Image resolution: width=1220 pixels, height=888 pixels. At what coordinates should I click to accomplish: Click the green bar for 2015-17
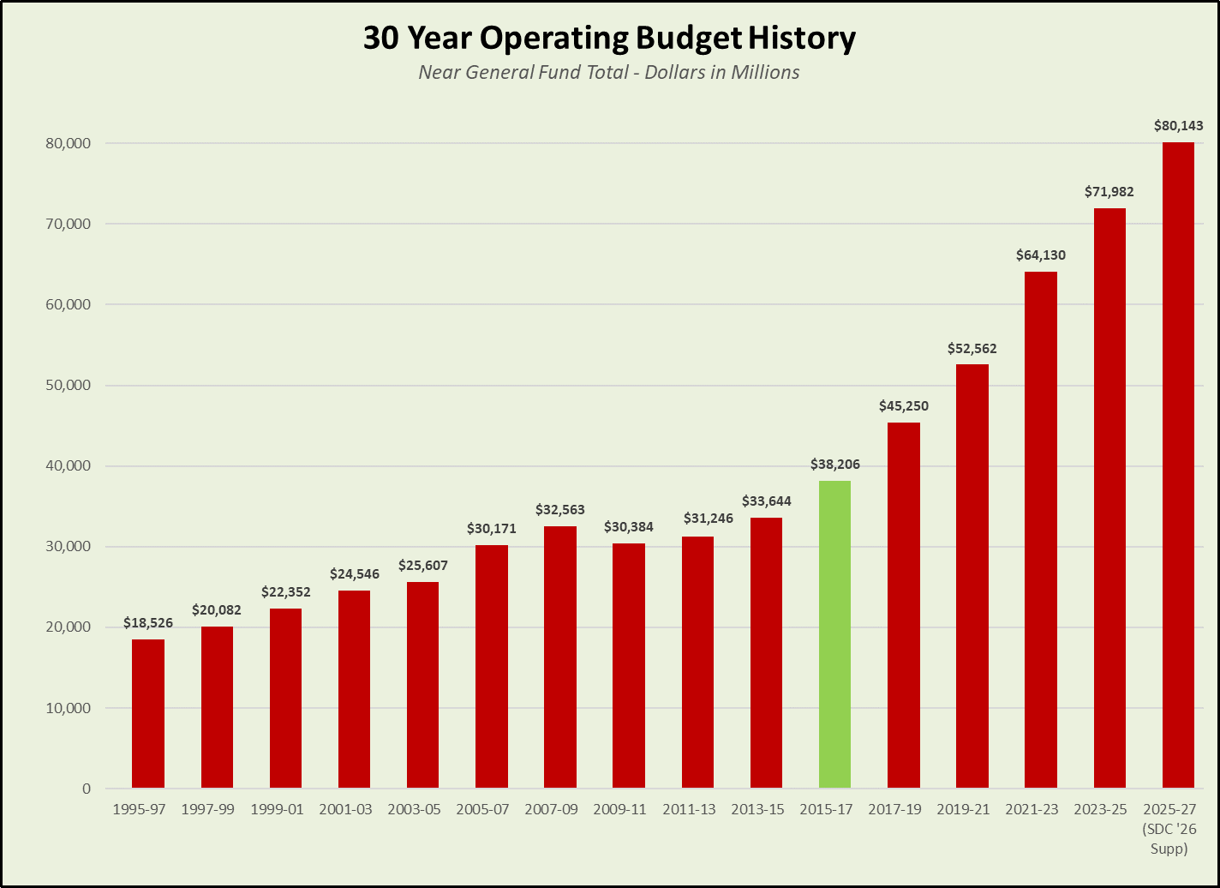[834, 634]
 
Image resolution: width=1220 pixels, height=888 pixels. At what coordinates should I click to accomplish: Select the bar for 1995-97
[148, 713]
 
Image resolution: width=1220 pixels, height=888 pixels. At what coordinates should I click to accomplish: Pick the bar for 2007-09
[560, 657]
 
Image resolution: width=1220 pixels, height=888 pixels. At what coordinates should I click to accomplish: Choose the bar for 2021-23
[1041, 530]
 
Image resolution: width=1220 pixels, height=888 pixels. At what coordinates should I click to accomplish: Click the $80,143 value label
[1178, 126]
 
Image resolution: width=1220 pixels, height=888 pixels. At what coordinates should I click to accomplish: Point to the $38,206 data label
[834, 465]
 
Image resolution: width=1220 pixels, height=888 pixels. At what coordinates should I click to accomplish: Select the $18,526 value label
[148, 623]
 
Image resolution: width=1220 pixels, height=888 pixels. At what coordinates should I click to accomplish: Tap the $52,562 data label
[972, 349]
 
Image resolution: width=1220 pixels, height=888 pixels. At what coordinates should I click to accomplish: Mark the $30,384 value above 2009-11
[629, 527]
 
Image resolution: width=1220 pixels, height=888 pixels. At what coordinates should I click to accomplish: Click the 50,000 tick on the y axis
[67, 386]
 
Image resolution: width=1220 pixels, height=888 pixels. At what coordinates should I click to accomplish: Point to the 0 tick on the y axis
[86, 789]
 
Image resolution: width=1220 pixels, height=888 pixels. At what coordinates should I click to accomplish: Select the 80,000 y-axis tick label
[67, 143]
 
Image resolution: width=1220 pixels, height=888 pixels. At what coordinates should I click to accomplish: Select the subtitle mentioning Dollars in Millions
[609, 73]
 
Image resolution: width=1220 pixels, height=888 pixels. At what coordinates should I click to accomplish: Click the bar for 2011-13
[697, 663]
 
